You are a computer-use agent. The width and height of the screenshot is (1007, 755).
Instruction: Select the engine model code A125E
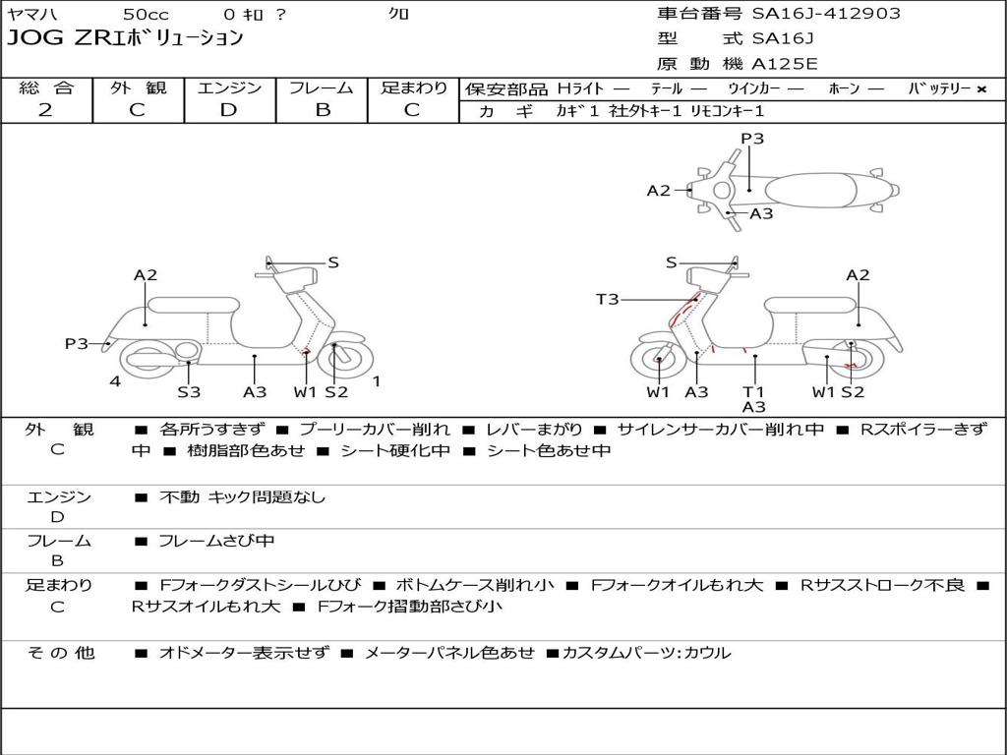(x=785, y=64)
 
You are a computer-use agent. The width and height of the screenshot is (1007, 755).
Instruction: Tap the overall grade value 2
(x=45, y=110)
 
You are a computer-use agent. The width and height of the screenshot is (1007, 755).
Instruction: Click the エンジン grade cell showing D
(x=228, y=110)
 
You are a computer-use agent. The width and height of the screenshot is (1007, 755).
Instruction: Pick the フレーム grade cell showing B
(x=323, y=110)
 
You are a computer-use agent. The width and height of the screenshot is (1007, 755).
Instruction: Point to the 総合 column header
(x=46, y=88)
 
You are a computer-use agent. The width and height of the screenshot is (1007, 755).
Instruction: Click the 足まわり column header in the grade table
(x=413, y=88)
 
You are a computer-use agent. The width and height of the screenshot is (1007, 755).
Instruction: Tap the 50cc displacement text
(x=145, y=15)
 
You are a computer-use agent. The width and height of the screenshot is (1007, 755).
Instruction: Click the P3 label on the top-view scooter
(x=752, y=139)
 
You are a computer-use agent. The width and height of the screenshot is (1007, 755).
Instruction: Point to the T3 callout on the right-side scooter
(x=608, y=299)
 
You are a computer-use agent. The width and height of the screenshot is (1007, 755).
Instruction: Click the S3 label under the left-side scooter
(x=189, y=392)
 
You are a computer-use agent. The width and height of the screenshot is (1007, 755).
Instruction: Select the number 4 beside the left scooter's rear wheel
(x=115, y=381)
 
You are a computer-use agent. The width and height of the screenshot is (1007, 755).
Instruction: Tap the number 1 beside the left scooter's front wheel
(x=376, y=381)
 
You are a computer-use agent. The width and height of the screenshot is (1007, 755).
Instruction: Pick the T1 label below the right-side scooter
(x=754, y=391)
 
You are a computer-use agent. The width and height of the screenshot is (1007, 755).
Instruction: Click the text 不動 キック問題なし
(x=242, y=497)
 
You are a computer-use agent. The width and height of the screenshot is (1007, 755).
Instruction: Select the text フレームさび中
(x=216, y=541)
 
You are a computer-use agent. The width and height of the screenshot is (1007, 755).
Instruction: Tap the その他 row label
(x=60, y=653)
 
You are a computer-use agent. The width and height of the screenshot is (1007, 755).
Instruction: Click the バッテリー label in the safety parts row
(x=938, y=88)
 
